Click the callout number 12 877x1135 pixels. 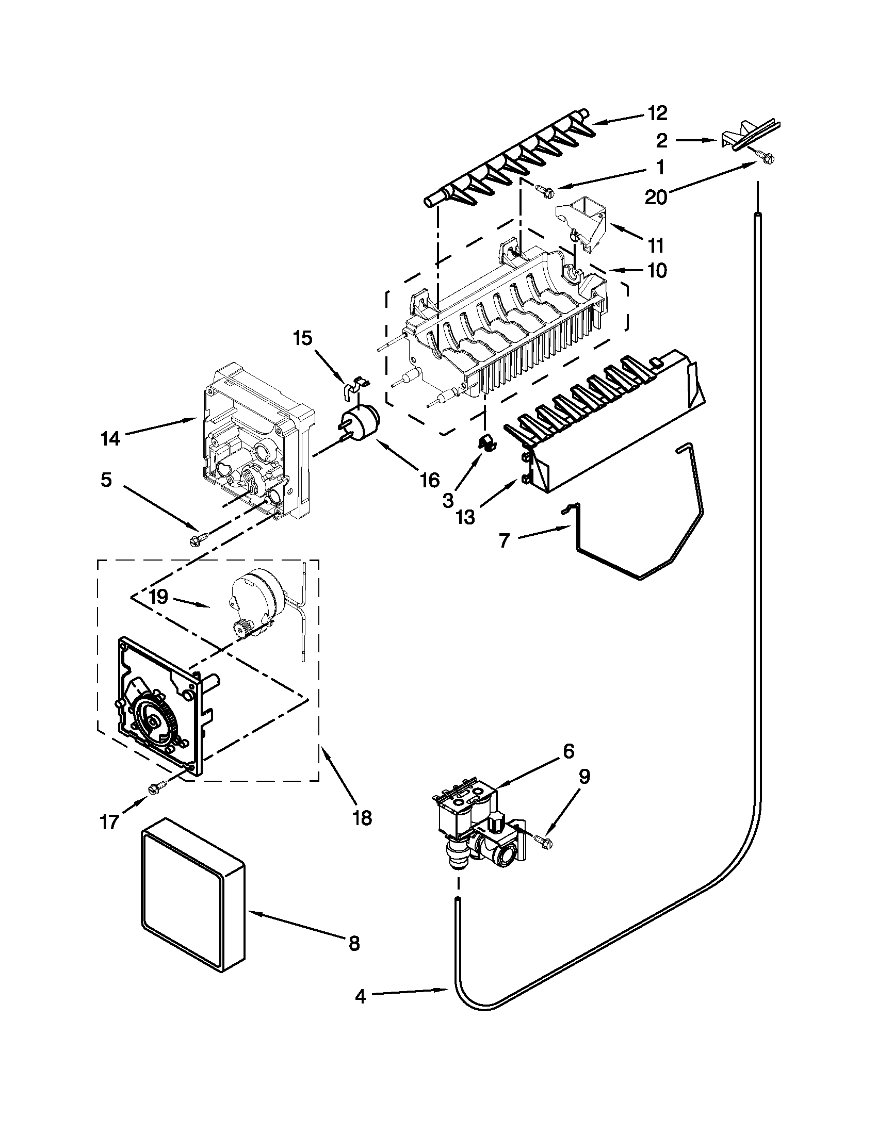tap(658, 113)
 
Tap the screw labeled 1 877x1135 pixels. tap(544, 191)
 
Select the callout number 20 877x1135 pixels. tap(656, 198)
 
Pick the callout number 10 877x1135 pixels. tap(657, 270)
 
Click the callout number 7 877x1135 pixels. tap(504, 541)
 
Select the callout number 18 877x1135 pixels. tap(362, 818)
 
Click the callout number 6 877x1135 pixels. tap(568, 750)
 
